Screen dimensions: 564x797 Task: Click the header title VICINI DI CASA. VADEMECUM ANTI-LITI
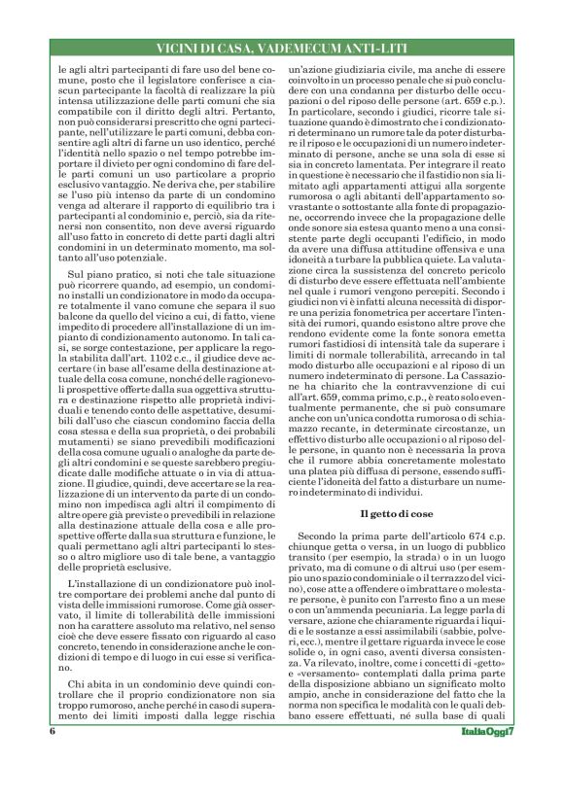(282, 48)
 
